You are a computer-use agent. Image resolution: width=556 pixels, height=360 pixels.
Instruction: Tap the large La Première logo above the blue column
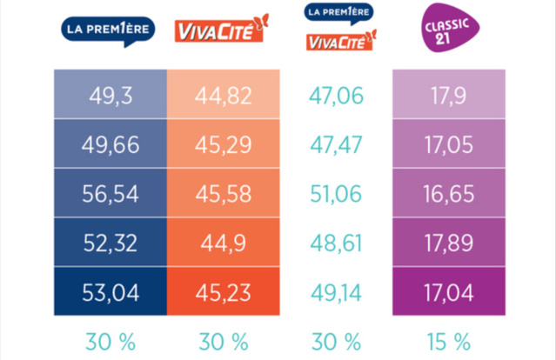[x=109, y=30]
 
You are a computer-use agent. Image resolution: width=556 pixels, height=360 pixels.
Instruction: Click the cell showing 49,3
[x=109, y=93]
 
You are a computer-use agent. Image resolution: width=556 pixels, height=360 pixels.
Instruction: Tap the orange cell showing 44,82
[x=224, y=93]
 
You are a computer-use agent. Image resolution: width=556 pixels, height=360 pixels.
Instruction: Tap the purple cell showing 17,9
[x=449, y=93]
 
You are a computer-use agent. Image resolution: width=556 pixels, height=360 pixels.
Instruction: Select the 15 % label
[x=449, y=338]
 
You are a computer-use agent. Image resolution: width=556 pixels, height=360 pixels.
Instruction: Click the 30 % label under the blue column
[x=109, y=338]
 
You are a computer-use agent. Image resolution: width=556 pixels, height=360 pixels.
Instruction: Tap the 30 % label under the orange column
[x=224, y=338]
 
